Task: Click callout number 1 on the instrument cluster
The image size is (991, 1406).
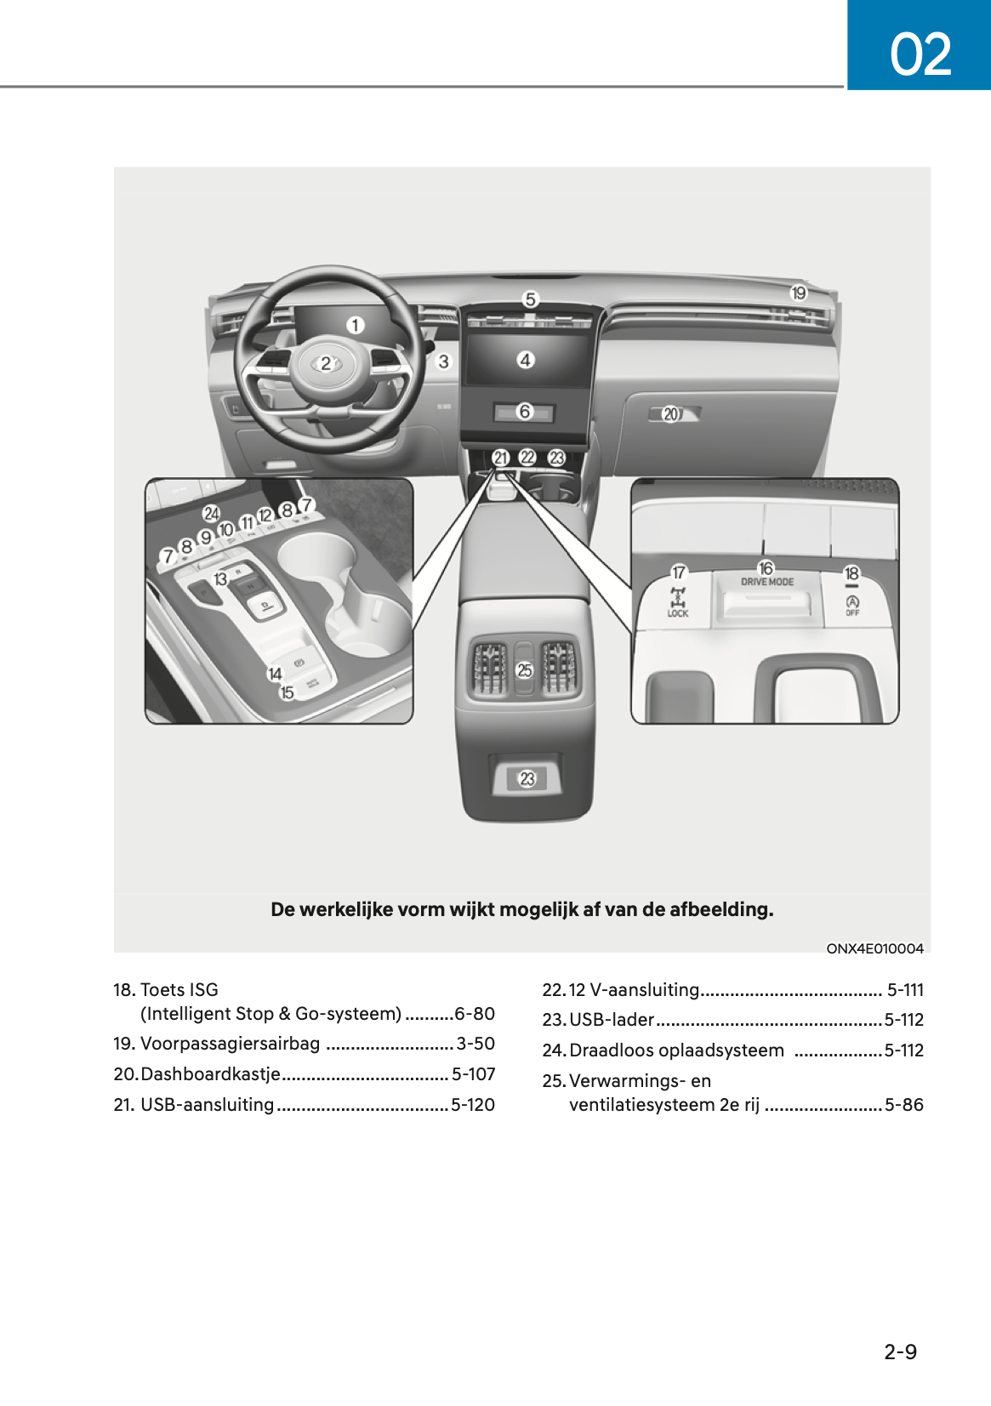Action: (x=355, y=325)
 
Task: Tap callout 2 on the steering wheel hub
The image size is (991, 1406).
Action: (x=325, y=364)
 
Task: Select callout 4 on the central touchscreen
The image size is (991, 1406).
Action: (x=526, y=360)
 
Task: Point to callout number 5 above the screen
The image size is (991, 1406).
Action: (x=531, y=299)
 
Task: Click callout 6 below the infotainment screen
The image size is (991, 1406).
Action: (x=525, y=412)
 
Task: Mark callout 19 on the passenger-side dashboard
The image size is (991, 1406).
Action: (x=799, y=293)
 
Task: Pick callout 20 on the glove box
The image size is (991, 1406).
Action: (x=671, y=414)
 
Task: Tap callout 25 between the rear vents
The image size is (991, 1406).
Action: (x=525, y=670)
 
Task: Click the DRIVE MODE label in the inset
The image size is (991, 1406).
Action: (x=766, y=582)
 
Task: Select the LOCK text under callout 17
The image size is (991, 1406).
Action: (x=678, y=613)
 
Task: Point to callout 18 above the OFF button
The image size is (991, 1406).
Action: (x=851, y=573)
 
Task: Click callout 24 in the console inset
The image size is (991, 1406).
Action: (x=211, y=513)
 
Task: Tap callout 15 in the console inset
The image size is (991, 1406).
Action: (x=288, y=692)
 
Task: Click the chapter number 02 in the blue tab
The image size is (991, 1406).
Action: (x=920, y=54)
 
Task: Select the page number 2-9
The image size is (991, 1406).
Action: (x=900, y=1352)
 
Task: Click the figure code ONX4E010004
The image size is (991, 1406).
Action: (x=874, y=948)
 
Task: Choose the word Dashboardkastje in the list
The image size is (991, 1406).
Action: (x=210, y=1074)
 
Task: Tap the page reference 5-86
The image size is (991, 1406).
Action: (x=903, y=1105)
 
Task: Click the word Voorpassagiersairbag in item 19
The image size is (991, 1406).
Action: (x=230, y=1044)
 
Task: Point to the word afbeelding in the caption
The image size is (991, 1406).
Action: (x=720, y=909)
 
